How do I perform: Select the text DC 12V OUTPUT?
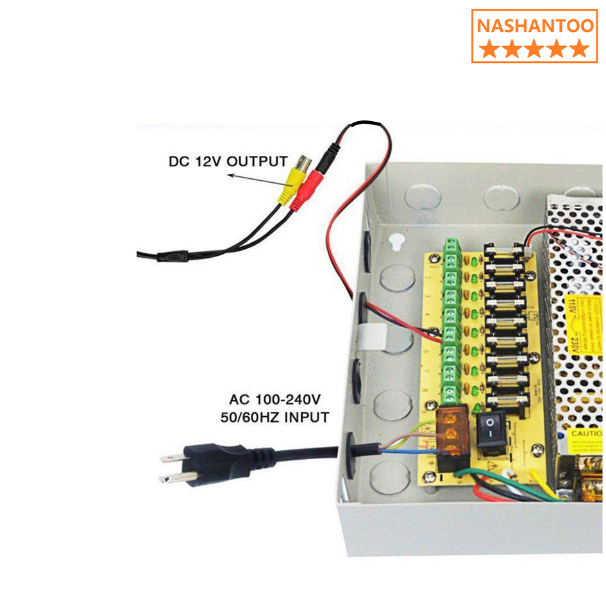click(x=228, y=161)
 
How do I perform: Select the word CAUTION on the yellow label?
click(x=587, y=433)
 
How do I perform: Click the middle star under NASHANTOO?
click(x=534, y=49)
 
